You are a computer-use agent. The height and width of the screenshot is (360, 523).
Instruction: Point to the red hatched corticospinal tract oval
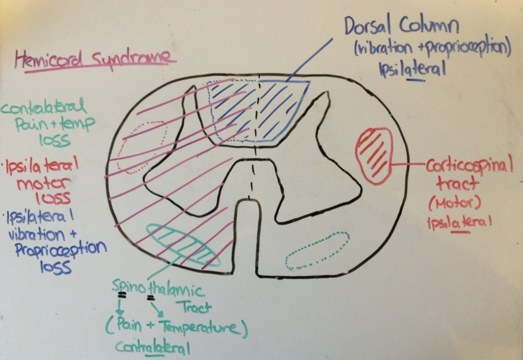(x=373, y=156)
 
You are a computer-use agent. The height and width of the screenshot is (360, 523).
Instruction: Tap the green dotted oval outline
(x=318, y=251)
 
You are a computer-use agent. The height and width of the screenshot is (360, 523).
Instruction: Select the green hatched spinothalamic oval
(x=183, y=245)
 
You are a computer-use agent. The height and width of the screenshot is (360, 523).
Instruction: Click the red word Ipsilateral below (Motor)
(x=459, y=224)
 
